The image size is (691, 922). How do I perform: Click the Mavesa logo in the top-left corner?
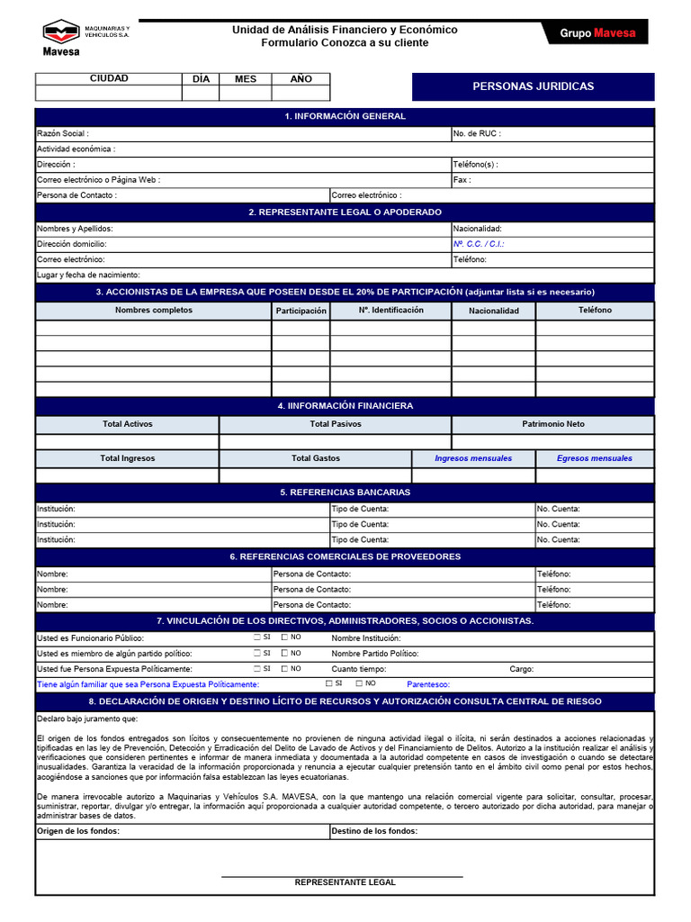point(61,36)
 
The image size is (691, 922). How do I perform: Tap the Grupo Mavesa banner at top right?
point(597,33)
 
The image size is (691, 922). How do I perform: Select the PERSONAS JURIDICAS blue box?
point(533,86)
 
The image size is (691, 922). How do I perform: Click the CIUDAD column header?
point(109,79)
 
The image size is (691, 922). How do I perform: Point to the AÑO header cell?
point(301,79)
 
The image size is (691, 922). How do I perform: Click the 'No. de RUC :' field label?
point(477,133)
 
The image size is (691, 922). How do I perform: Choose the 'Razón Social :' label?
point(63,133)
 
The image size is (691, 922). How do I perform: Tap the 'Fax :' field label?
point(462,180)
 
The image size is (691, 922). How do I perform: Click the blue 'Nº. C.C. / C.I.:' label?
point(479,244)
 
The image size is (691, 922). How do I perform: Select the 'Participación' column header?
point(301,311)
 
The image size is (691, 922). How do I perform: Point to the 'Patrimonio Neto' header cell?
point(552,424)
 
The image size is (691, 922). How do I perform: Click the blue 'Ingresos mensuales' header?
point(473,458)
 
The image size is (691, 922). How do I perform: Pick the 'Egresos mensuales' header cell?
point(594,458)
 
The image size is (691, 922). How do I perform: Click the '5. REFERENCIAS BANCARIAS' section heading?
point(345,493)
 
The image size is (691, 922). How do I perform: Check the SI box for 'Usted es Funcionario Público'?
point(257,637)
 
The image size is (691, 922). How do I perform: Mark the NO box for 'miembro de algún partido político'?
point(284,653)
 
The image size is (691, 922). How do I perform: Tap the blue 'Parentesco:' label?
point(428,684)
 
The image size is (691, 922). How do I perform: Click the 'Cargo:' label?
point(522,669)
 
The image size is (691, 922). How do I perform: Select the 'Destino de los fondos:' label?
point(374,831)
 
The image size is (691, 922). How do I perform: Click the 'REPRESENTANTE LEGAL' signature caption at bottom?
point(345,882)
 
